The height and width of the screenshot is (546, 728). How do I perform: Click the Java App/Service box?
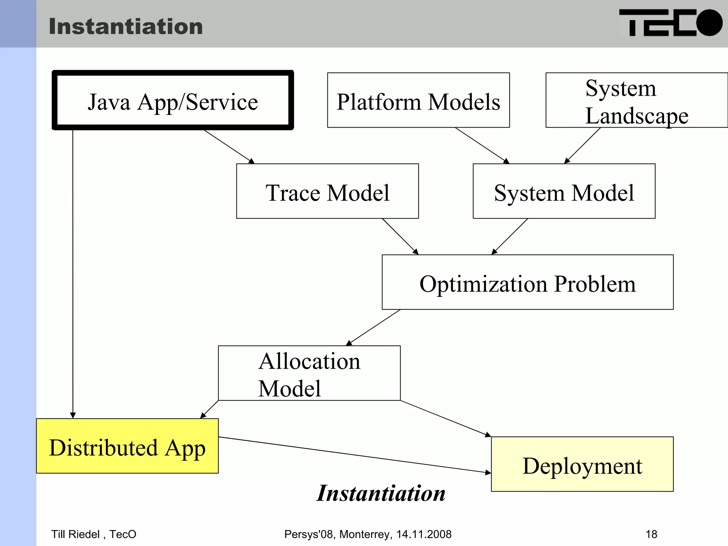[x=173, y=101]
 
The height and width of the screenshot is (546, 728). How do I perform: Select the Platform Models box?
[x=418, y=101]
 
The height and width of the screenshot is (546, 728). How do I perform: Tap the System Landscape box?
[x=636, y=101]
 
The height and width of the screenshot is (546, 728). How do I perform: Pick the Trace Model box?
[x=327, y=192]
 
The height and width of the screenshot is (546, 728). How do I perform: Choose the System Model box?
[x=564, y=192]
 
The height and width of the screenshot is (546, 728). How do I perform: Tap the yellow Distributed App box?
[x=127, y=446]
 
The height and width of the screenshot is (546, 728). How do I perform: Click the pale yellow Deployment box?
[x=582, y=464]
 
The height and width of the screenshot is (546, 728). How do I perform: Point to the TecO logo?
[x=670, y=23]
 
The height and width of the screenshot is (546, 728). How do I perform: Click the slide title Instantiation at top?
[x=126, y=27]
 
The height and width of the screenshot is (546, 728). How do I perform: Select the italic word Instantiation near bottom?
[x=381, y=493]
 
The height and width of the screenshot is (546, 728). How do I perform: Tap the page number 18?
[x=651, y=534]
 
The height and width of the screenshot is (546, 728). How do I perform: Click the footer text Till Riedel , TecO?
[x=94, y=534]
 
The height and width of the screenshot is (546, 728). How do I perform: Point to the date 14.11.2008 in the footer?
[x=424, y=534]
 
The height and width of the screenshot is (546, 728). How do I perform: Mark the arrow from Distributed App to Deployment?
[x=355, y=455]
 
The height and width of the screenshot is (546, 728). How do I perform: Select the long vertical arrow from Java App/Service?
[x=73, y=274]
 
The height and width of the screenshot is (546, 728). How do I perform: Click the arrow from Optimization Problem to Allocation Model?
[x=373, y=327]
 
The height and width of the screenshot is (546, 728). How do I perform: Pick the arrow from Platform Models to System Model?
[x=482, y=145]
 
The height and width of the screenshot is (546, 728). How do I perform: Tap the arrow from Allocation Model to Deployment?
[x=446, y=419]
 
